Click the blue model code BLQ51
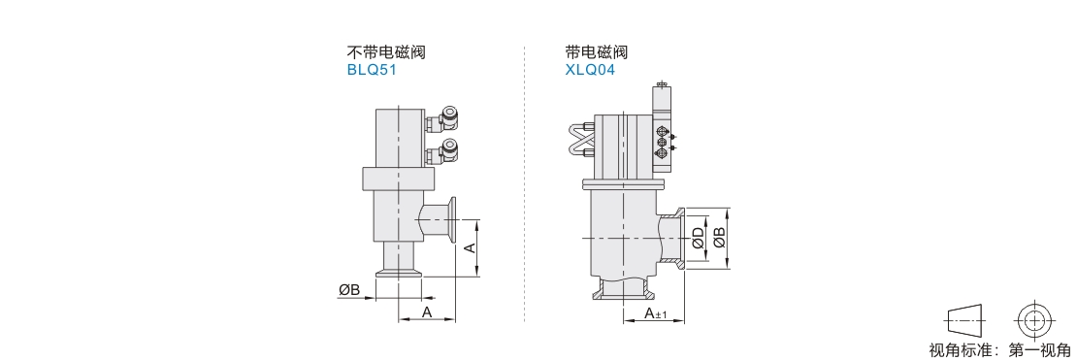(x=373, y=70)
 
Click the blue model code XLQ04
(x=590, y=70)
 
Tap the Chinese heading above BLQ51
(x=386, y=52)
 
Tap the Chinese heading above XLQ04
(x=596, y=52)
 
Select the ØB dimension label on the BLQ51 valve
(x=349, y=290)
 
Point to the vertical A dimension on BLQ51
(x=471, y=247)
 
